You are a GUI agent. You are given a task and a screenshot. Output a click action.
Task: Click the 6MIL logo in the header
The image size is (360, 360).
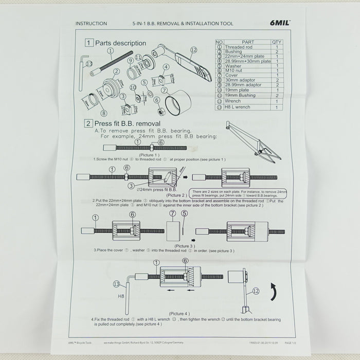pos(280,23)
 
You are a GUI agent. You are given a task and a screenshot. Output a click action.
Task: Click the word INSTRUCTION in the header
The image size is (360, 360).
pos(91,24)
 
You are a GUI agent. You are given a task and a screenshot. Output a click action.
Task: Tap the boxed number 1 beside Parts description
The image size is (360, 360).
pos(89,43)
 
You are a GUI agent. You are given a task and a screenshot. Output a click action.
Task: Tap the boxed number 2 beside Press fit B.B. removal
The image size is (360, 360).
pos(89,123)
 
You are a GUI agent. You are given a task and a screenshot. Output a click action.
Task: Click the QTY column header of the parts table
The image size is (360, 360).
pos(277,42)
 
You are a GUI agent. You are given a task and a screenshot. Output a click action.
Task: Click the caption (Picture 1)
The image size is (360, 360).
pos(149,155)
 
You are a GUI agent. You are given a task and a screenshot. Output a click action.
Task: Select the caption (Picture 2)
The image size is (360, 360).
pos(176,195)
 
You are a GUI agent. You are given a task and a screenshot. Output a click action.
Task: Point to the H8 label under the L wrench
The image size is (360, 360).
pos(122,296)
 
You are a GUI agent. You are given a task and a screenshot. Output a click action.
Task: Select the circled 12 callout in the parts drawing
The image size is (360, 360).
pos(193,50)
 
